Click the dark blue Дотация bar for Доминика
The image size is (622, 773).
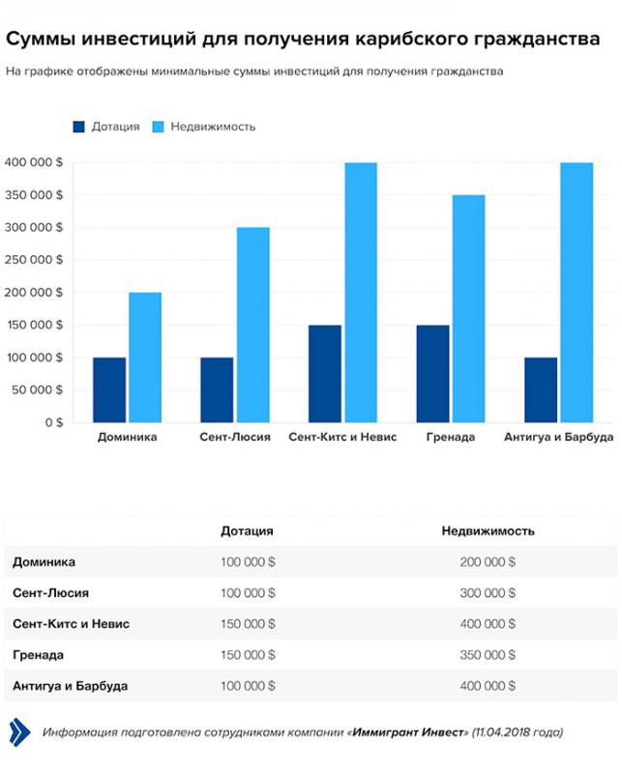[x=109, y=390]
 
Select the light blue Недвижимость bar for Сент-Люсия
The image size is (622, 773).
[x=253, y=325]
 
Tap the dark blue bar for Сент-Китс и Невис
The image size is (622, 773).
[x=325, y=374]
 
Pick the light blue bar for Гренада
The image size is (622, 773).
[x=469, y=308]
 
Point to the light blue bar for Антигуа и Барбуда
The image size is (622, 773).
[x=577, y=293]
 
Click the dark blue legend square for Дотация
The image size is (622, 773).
[x=78, y=127]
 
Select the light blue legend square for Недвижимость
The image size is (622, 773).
[x=158, y=127]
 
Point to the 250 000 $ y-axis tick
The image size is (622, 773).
[x=34, y=260]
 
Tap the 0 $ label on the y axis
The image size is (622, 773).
[x=54, y=422]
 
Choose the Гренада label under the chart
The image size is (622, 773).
[x=451, y=437]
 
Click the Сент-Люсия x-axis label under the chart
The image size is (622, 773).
[x=235, y=437]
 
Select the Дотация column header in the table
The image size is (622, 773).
[x=247, y=530]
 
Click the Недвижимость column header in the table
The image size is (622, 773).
[x=489, y=530]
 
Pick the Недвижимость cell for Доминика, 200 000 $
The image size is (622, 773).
[x=488, y=561]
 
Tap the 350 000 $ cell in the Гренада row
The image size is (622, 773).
[x=488, y=655]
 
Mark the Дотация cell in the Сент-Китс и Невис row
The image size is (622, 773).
[x=248, y=623]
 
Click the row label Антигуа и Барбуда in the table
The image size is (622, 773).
[x=70, y=686]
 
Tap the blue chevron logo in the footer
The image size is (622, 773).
[x=19, y=732]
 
